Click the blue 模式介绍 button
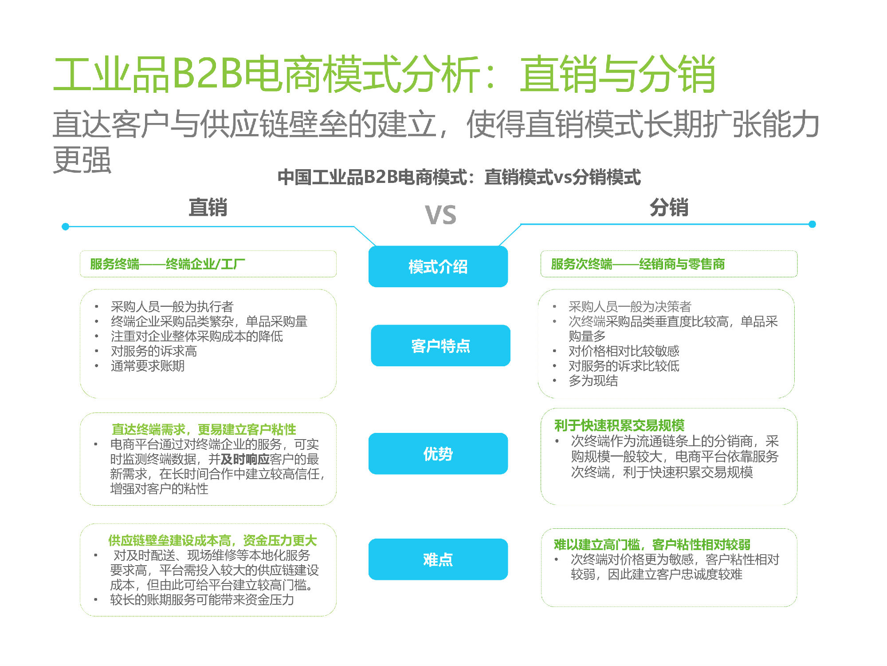438,266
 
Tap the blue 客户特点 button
440,345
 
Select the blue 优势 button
438,453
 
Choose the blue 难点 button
438,559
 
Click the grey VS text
440,215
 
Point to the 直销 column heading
208,207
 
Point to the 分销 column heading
669,207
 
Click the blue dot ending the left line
66,226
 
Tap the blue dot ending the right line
812,224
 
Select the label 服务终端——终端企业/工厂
167,264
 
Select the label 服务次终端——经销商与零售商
638,264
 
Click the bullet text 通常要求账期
148,366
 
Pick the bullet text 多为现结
593,381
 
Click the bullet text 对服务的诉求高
154,351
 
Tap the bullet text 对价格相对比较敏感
624,351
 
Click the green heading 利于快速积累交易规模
619,425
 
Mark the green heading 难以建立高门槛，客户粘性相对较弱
652,544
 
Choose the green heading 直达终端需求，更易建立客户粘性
204,429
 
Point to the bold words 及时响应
245,459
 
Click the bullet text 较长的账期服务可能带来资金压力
202,600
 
